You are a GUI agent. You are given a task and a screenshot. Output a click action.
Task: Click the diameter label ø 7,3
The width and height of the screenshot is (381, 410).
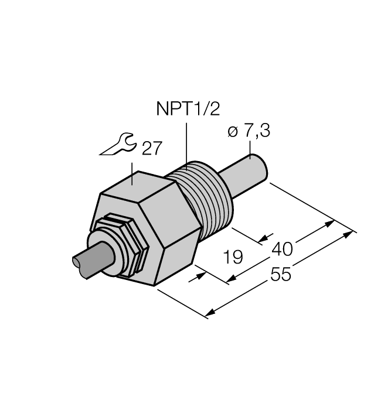tap(249, 132)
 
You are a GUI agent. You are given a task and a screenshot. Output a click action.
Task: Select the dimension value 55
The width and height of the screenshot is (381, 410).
tap(280, 274)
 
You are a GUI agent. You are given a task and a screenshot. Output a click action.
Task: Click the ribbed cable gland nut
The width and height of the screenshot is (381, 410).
tap(126, 240)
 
